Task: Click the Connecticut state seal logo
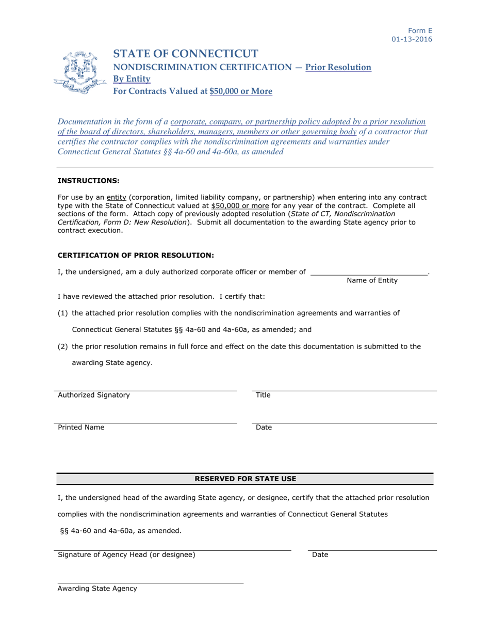click(79, 73)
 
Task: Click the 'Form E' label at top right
click(420, 30)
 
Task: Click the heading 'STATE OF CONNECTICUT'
click(186, 54)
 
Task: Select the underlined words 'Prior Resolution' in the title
click(338, 67)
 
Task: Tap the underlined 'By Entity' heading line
click(132, 79)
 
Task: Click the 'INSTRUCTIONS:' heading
click(88, 181)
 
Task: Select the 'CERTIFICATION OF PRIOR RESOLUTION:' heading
click(135, 255)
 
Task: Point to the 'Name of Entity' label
click(372, 280)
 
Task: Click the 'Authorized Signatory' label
click(94, 395)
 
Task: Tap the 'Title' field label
click(263, 395)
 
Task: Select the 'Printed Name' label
click(81, 427)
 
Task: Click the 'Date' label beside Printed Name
click(264, 427)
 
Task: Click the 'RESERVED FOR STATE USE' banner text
click(245, 479)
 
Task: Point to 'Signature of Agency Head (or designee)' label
click(126, 554)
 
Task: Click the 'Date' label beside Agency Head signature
click(320, 554)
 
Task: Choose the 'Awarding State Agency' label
click(97, 589)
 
